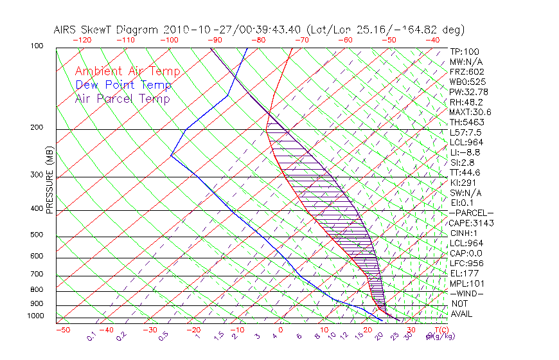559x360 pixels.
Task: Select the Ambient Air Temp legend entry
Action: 127,71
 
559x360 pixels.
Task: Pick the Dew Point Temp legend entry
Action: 123,85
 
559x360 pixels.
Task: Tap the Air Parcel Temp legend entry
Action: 122,99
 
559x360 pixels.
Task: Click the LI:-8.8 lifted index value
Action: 465,152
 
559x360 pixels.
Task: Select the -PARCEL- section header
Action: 471,213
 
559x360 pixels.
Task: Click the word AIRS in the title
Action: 67,30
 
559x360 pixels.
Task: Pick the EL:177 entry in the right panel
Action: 464,273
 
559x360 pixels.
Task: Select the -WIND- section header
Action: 466,293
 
